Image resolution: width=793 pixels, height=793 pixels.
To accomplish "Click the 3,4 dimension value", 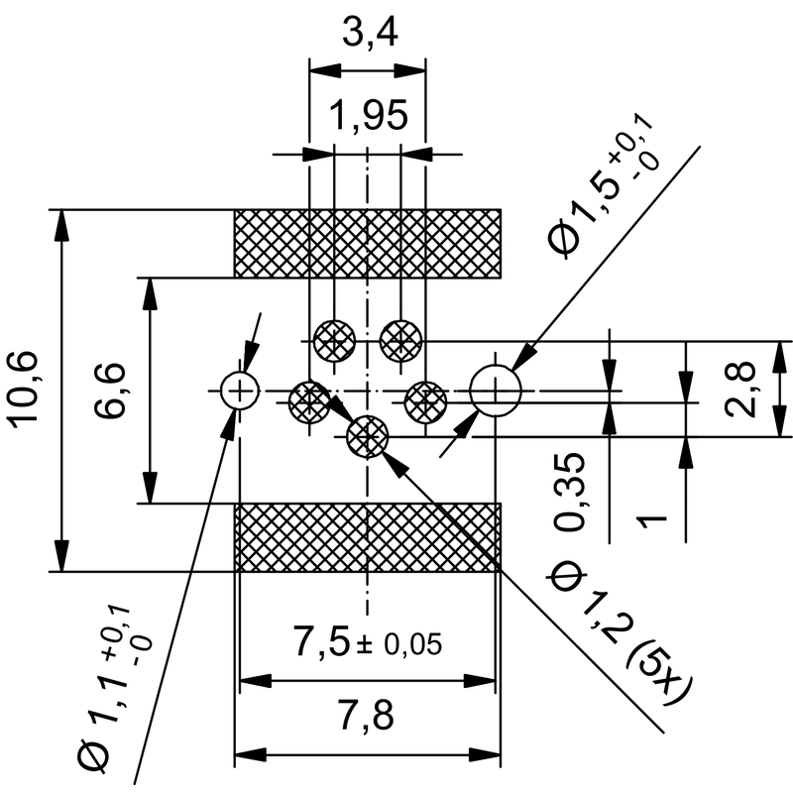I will (x=368, y=37).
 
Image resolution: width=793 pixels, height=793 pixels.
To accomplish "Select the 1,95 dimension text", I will (x=368, y=117).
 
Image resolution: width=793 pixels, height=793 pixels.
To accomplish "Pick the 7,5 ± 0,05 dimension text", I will (x=366, y=644).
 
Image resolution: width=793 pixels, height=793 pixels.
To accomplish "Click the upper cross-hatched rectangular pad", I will (x=367, y=244).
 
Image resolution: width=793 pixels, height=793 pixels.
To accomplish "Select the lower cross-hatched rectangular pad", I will (x=367, y=537).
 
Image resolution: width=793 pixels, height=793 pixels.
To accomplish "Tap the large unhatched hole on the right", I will (x=496, y=391).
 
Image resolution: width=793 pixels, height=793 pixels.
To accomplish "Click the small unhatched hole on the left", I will (x=239, y=391).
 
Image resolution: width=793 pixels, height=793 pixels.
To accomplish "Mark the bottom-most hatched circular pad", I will (x=368, y=434).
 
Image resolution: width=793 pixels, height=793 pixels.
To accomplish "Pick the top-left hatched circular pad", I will (x=334, y=343).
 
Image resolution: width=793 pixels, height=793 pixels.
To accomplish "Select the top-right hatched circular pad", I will (x=400, y=343).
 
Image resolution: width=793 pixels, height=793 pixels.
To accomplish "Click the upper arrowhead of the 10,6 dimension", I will (x=62, y=224).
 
